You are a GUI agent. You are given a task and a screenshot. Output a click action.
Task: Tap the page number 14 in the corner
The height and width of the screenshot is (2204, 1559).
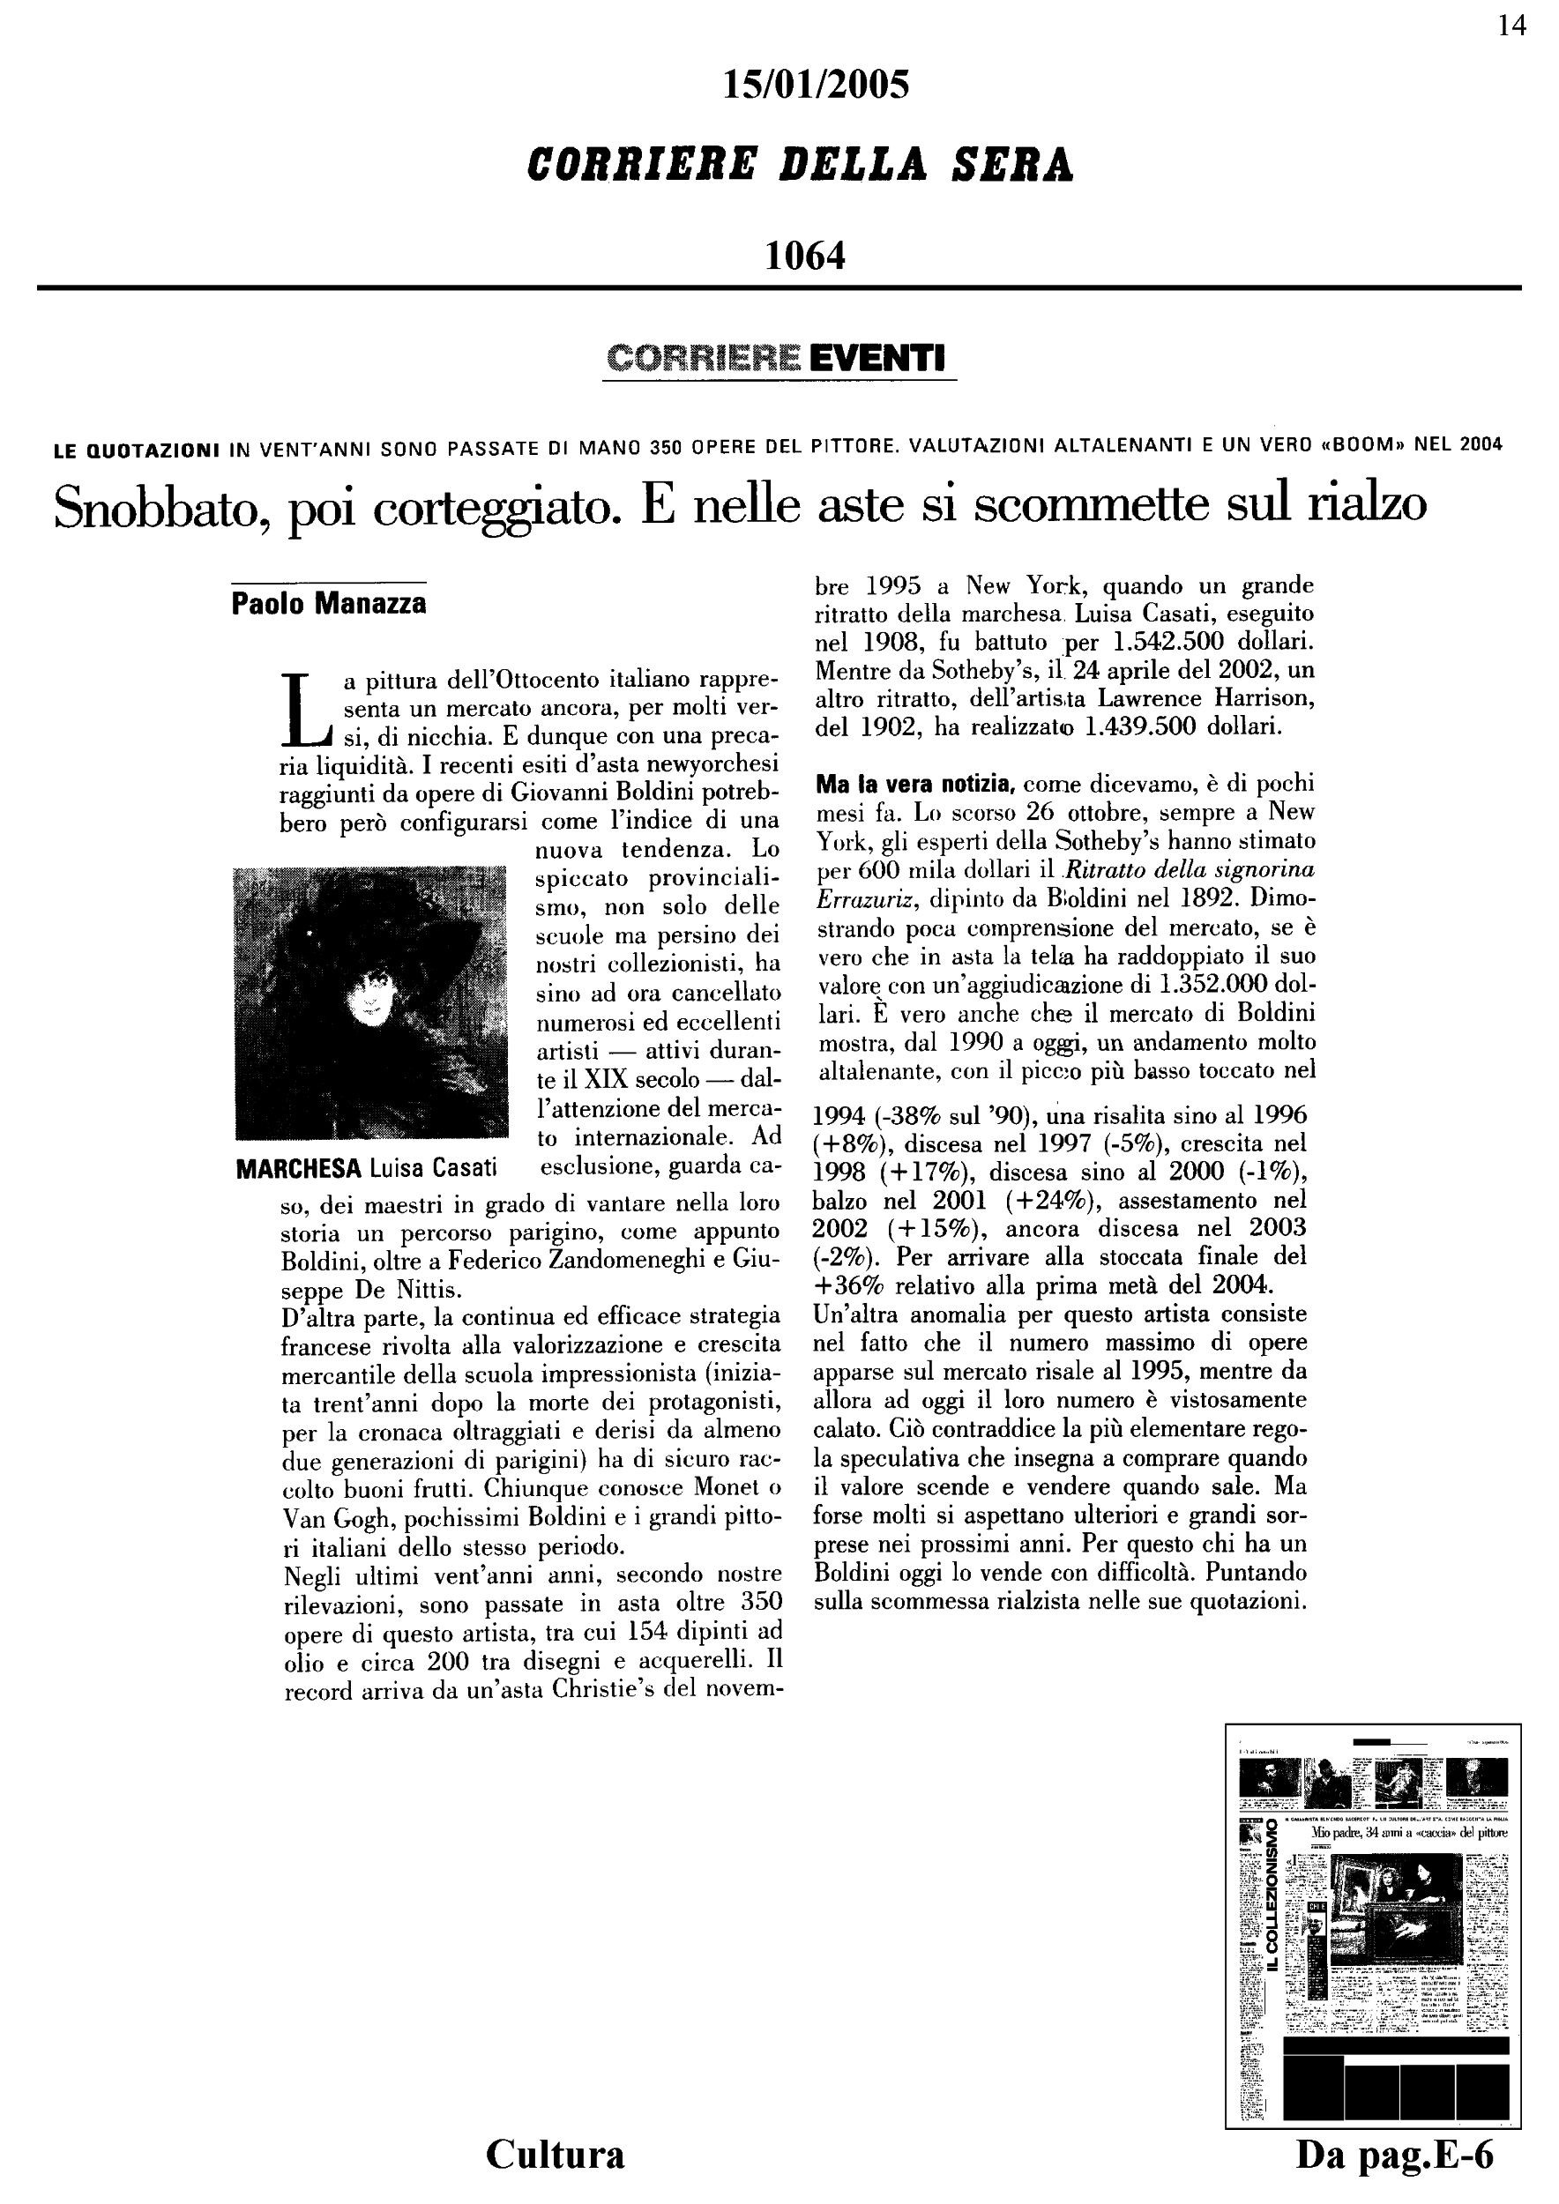click(1511, 26)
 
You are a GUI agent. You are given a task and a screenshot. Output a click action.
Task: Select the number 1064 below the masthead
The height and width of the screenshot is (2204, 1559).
click(804, 256)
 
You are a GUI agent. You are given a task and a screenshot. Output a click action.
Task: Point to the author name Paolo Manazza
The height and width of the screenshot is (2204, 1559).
click(328, 604)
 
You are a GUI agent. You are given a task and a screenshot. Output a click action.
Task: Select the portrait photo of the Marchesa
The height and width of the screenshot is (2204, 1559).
click(370, 1003)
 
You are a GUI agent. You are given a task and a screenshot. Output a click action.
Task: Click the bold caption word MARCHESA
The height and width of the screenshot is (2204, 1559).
click(297, 1168)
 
